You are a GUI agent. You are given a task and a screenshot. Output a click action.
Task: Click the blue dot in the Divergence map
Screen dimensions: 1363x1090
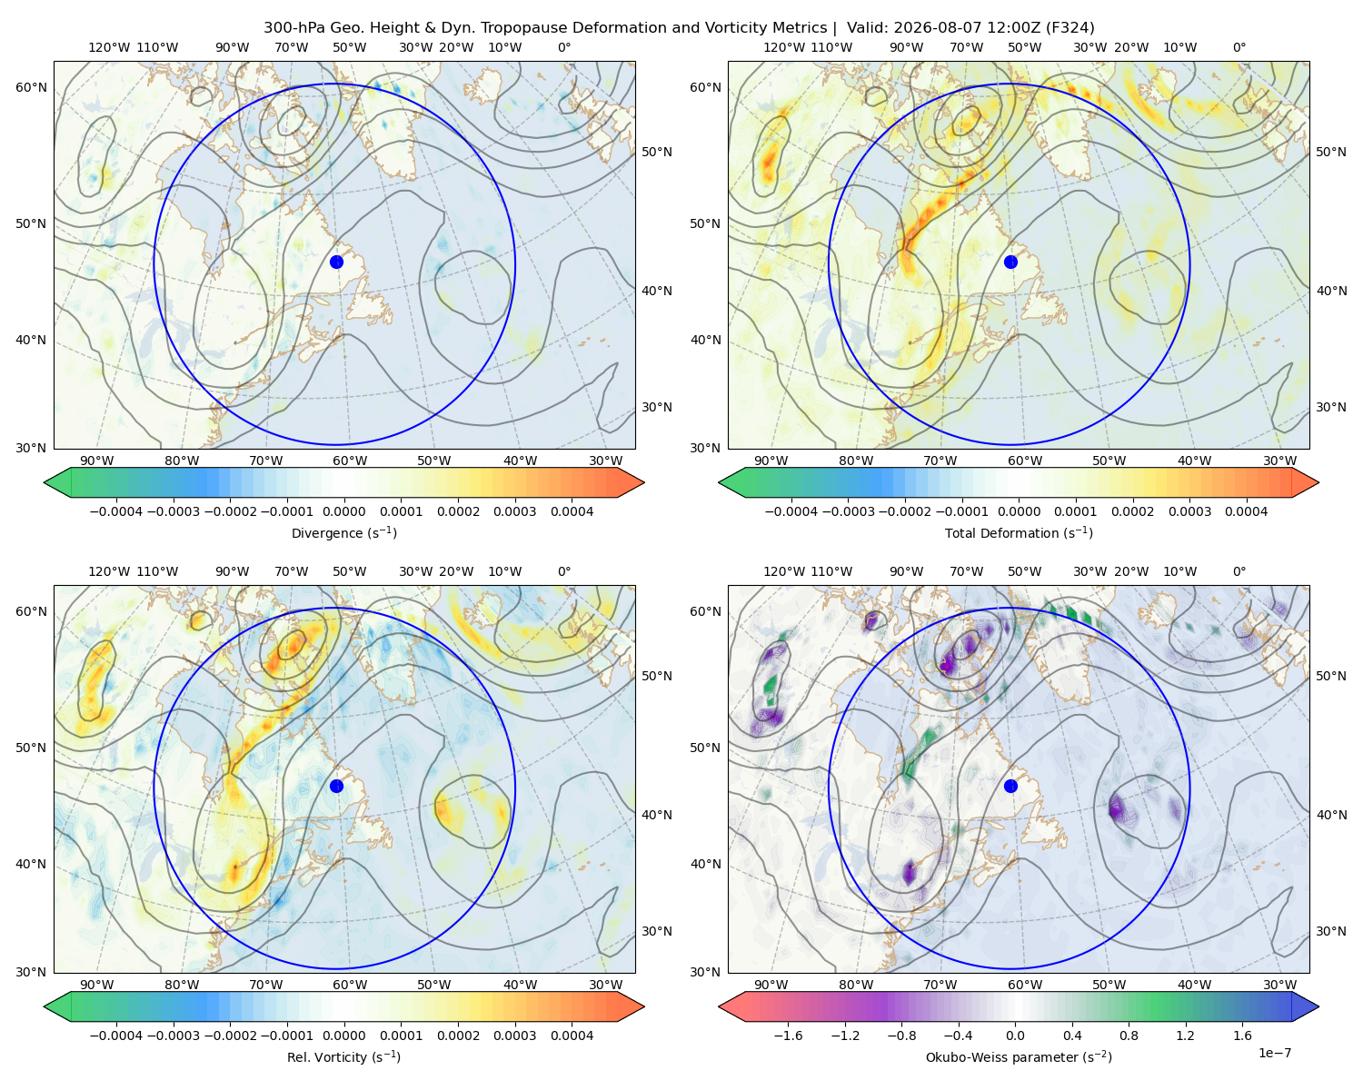(x=336, y=262)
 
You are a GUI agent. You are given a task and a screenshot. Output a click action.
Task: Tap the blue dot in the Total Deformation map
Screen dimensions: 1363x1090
(x=1010, y=262)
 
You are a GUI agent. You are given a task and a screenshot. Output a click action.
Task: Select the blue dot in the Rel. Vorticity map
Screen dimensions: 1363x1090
(x=336, y=786)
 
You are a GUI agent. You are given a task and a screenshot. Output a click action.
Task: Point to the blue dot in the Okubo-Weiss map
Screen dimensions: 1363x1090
(x=1010, y=786)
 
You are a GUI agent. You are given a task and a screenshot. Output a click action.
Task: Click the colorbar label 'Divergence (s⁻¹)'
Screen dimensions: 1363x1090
(x=343, y=532)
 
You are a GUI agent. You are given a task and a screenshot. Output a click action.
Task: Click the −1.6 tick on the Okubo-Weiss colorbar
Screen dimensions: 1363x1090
(x=788, y=1035)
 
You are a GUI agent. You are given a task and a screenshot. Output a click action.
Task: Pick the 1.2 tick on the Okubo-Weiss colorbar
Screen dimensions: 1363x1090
(x=1185, y=1035)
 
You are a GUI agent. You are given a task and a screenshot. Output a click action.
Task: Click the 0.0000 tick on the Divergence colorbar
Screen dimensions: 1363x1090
(x=343, y=511)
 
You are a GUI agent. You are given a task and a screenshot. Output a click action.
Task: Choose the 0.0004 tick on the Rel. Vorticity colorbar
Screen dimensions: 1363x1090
(x=572, y=1035)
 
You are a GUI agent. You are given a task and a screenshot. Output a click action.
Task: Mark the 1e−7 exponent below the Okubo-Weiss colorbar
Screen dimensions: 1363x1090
(x=1274, y=1053)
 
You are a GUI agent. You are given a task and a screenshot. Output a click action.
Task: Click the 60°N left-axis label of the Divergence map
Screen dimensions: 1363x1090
(x=31, y=87)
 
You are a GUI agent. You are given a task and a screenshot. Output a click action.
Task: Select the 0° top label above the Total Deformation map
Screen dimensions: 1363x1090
(x=1239, y=47)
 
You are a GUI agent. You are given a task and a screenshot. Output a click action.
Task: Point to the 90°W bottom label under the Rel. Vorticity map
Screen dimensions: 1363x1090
(x=97, y=985)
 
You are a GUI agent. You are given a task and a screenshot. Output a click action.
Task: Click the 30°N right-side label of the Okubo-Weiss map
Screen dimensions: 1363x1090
(x=1330, y=930)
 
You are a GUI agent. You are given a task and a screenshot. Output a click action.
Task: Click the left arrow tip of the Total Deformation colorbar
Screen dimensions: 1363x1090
(x=719, y=482)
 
